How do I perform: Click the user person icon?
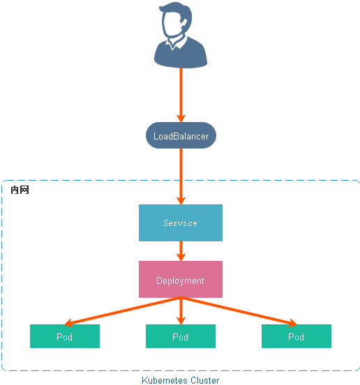[181, 38]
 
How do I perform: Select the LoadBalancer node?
[181, 136]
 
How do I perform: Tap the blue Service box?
[181, 223]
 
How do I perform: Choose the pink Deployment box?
[181, 280]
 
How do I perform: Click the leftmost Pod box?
[65, 337]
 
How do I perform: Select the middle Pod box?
[181, 337]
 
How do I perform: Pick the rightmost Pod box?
[297, 337]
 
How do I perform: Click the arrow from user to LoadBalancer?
[181, 94]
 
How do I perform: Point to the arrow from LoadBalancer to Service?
[181, 174]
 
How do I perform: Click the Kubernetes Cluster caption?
[180, 380]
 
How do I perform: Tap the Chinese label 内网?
[20, 190]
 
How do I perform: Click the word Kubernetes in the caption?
[165, 380]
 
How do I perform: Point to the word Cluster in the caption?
[205, 380]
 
